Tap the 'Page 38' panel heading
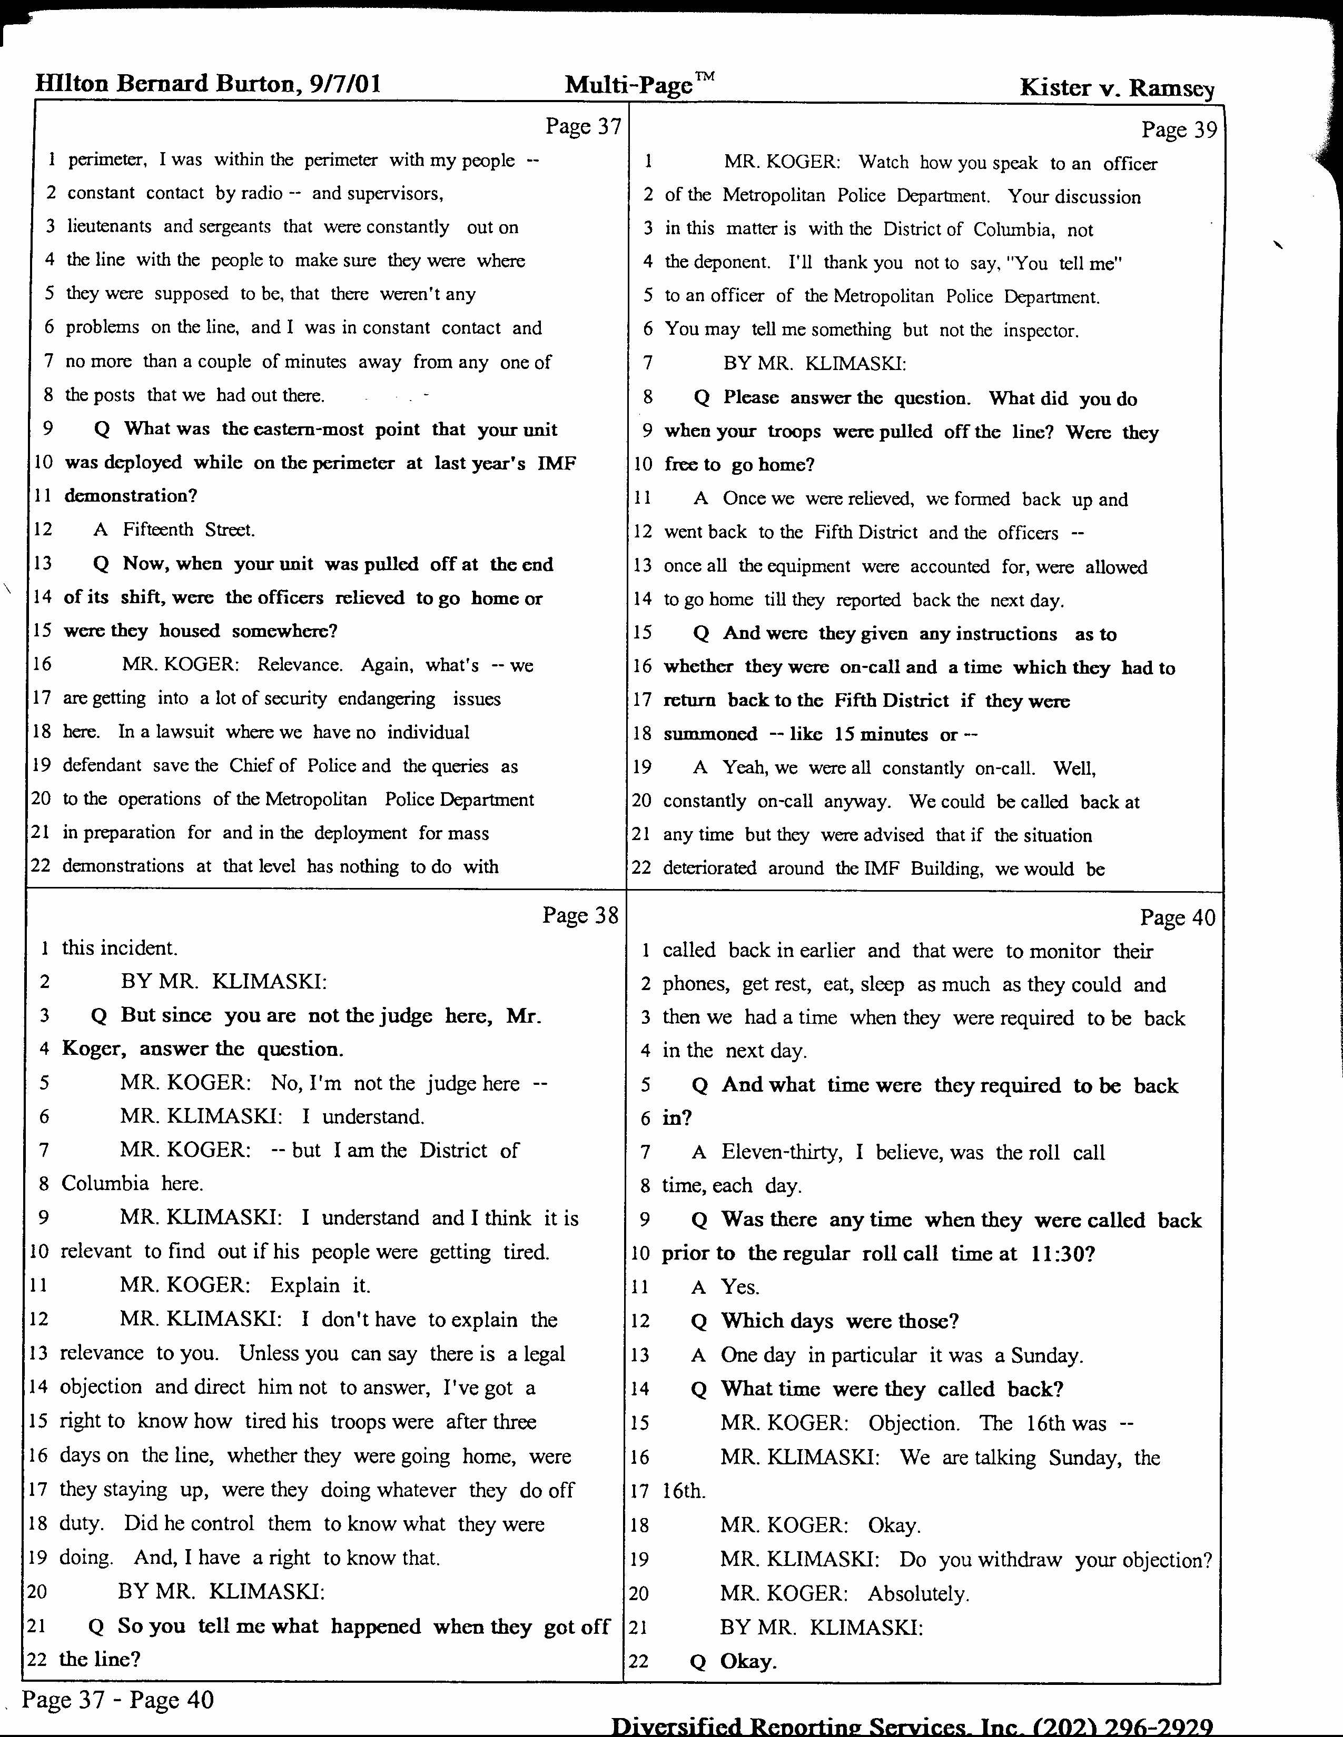580,915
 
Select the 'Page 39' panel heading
1178,129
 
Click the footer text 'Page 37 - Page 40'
118,1700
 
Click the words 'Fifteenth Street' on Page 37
189,530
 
